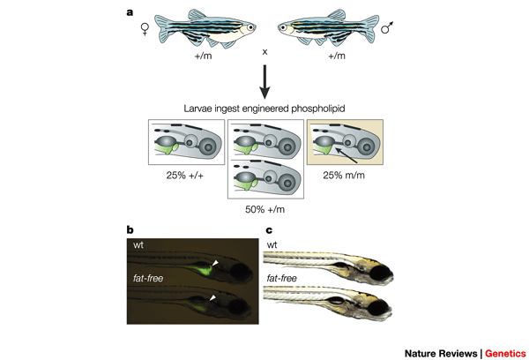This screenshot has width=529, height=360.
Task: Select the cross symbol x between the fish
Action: coord(264,51)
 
